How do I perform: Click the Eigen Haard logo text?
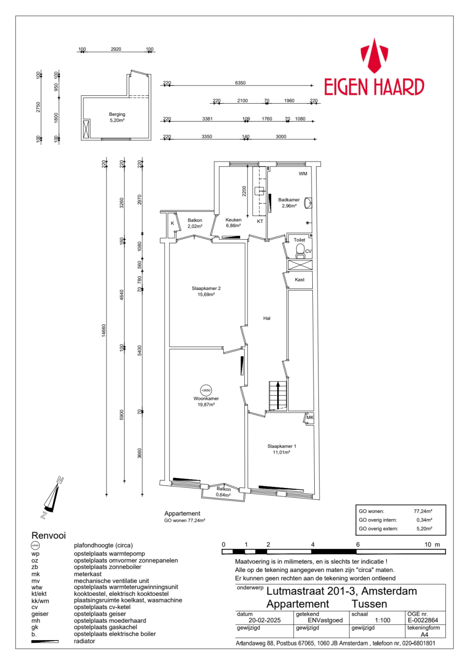coord(374,87)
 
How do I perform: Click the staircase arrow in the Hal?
coord(278,395)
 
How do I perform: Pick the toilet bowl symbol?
coord(300,251)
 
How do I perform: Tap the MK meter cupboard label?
coord(310,417)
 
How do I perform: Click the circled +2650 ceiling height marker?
coord(206,390)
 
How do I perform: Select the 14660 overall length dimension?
coord(104,330)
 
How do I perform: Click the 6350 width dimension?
coord(240,83)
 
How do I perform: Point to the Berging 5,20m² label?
coord(117,117)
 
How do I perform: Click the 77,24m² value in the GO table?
coord(423,511)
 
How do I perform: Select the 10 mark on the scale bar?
coord(428,544)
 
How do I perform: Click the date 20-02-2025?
coord(265,620)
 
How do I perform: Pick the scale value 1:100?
coord(383,620)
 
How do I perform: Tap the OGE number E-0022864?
coord(423,620)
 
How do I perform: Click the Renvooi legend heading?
coord(49,535)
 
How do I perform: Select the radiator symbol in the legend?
coord(45,641)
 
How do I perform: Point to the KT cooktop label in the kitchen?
coord(260,221)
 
